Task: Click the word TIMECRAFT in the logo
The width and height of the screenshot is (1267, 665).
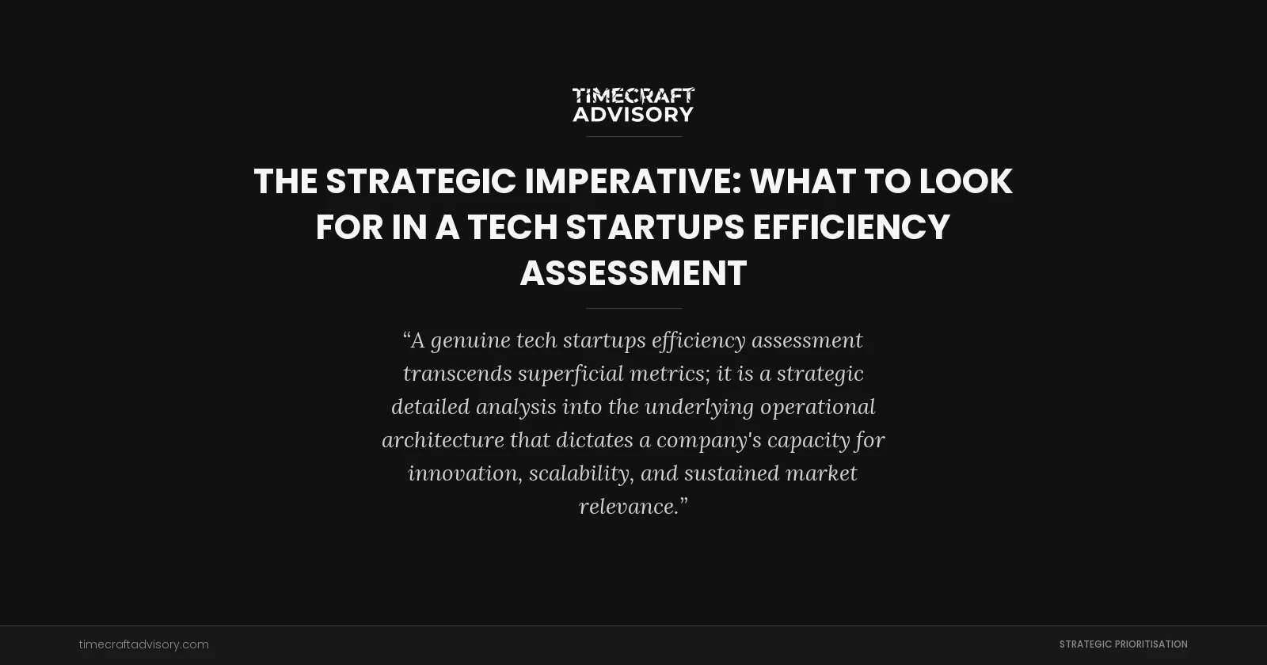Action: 633,96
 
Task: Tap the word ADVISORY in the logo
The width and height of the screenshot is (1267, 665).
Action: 633,115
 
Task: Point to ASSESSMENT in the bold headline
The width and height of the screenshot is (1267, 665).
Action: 633,273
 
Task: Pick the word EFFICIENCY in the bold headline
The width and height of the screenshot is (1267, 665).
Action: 851,227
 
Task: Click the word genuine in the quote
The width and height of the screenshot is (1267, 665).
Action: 470,340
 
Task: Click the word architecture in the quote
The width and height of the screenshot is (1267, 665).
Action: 443,440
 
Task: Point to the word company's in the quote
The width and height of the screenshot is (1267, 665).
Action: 709,440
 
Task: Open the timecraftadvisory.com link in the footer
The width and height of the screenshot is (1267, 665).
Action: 144,644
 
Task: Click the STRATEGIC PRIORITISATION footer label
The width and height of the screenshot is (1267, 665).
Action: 1123,644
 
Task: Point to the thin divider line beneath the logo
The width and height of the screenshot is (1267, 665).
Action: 633,136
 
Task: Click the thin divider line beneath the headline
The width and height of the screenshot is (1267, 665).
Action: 633,308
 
